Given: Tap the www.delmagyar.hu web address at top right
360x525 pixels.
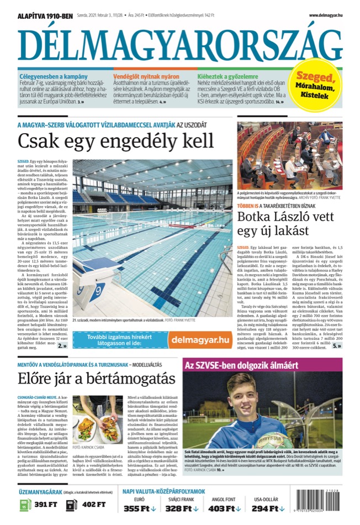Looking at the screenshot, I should [329, 15].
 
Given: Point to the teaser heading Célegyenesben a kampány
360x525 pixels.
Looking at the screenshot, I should [47, 76].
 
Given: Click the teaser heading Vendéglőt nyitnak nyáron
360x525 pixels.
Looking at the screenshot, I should [139, 76].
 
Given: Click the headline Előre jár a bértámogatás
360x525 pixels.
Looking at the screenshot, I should [91, 380].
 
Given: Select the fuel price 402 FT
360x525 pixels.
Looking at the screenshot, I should [93, 504].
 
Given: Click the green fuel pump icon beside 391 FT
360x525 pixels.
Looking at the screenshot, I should [25, 505].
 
